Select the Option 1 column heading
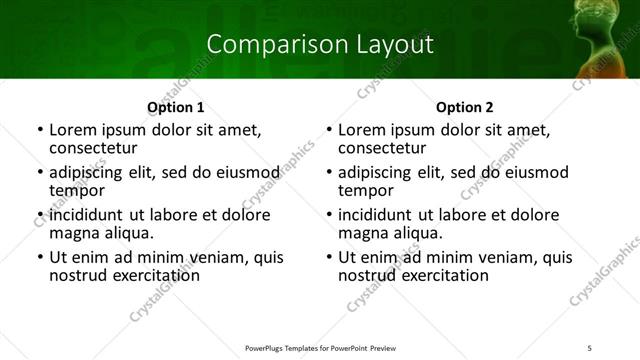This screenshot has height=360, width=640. pyautogui.click(x=175, y=107)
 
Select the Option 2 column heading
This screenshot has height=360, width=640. pyautogui.click(x=464, y=107)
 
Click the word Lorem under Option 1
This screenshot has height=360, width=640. pyautogui.click(x=74, y=130)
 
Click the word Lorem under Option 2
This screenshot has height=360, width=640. pyautogui.click(x=363, y=130)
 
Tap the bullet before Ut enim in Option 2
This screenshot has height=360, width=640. pyautogui.click(x=329, y=258)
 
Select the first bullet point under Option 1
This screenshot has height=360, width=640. pyautogui.click(x=40, y=131)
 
